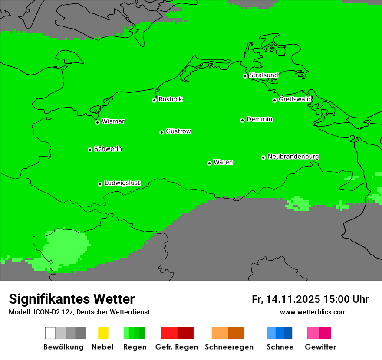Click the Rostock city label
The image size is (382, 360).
coord(170,99)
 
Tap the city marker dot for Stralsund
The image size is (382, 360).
coord(245,76)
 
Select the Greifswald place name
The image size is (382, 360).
coord(295,99)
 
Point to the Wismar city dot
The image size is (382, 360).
coord(97,122)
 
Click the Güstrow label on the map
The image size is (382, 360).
coord(178,131)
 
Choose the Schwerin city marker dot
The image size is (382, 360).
coord(90,150)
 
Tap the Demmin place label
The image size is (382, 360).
coord(259,119)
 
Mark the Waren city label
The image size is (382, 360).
coord(223,162)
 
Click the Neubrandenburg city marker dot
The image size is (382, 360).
coord(263,157)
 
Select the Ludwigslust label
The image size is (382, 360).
coord(122,183)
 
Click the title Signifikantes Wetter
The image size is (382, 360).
coord(72,299)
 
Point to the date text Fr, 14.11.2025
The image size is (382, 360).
coord(286,299)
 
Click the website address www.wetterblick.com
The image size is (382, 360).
coord(313,312)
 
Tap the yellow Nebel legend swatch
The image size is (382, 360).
coord(103,333)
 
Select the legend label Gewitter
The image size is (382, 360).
coord(320,347)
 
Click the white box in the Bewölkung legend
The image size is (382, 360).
coord(50,333)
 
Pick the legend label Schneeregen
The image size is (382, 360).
coord(229,347)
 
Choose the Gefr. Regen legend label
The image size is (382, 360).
coord(176,347)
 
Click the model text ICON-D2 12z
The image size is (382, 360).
coord(52,312)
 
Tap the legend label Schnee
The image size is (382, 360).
coord(280,347)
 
